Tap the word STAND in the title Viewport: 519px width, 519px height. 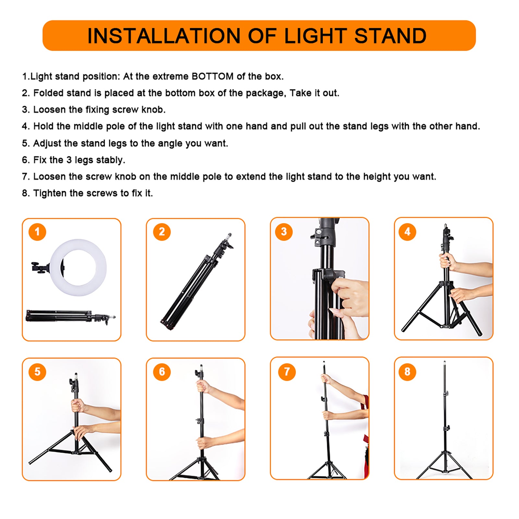click(x=390, y=36)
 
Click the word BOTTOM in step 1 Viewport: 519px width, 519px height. click(x=212, y=77)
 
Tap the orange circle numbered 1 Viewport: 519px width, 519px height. click(x=37, y=232)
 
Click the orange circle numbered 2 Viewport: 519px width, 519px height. click(x=162, y=232)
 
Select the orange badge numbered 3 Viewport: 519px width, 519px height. click(x=284, y=232)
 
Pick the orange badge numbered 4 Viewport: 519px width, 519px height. click(x=407, y=232)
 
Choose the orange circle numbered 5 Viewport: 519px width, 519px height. click(x=37, y=372)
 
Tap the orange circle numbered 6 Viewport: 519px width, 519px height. click(x=162, y=372)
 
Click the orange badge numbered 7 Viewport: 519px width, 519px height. click(x=287, y=372)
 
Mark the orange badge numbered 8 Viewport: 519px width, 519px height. click(x=407, y=372)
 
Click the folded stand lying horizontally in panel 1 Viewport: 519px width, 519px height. click(x=65, y=316)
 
